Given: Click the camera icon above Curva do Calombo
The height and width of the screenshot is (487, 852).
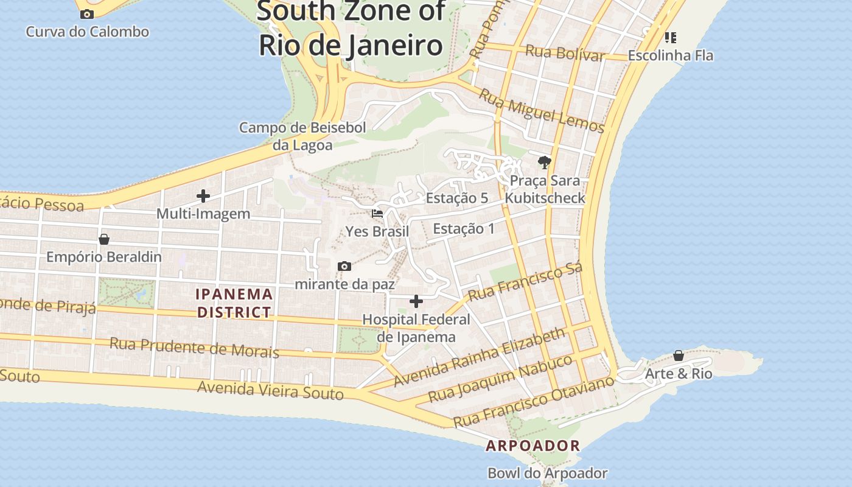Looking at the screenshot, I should [87, 14].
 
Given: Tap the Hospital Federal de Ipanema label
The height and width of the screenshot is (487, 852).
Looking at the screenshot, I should [416, 328].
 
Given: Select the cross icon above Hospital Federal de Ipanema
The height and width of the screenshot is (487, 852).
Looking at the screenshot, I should [416, 301].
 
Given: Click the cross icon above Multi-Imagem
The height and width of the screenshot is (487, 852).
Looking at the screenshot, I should [203, 196].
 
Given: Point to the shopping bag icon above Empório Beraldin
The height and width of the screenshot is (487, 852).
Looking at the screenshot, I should [104, 239].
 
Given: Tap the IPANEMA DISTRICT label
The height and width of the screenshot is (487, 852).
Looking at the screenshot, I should [234, 303].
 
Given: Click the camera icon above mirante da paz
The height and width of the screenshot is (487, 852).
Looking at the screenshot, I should [344, 267].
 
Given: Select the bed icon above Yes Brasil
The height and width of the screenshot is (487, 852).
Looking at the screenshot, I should [377, 214].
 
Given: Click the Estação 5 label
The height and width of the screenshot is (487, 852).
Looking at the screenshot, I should [457, 198].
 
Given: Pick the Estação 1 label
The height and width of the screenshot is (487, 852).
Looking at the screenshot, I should [464, 229].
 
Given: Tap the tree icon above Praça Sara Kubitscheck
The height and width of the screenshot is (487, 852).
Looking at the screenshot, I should [544, 162].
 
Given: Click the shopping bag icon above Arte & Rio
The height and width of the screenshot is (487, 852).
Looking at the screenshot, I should [679, 356].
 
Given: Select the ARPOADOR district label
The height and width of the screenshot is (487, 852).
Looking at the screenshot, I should [533, 446].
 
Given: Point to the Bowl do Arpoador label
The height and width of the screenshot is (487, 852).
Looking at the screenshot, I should [548, 473].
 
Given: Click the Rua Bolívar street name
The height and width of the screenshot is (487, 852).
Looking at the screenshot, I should [565, 53].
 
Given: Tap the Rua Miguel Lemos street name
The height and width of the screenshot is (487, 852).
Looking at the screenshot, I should [541, 111].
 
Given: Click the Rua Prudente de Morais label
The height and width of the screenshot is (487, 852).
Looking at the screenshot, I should [194, 348].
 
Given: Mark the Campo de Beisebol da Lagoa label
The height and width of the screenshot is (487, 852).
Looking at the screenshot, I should [302, 136].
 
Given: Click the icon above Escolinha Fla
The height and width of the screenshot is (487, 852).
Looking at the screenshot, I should [671, 38].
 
